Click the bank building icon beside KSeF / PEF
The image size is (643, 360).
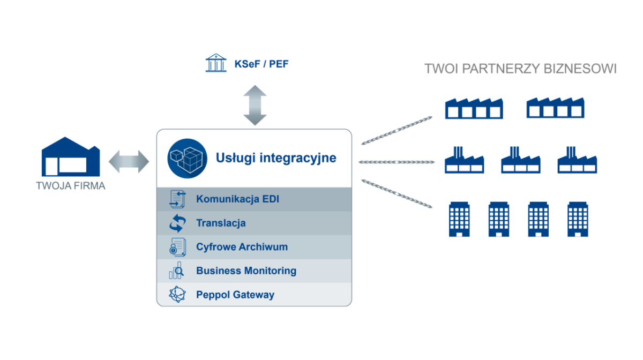216,63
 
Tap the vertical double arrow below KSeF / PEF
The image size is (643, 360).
255,105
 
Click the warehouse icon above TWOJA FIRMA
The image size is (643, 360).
70,156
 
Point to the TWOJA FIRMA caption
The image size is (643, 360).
70,186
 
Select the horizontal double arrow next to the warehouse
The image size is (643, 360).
129,161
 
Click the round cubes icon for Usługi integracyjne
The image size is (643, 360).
187,158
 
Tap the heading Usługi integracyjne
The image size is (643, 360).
276,158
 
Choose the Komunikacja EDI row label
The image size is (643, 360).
237,199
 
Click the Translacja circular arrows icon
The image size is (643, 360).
177,223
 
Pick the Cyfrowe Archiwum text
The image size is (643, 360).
242,247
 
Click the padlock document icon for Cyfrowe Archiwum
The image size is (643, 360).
177,247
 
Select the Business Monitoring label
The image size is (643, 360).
246,271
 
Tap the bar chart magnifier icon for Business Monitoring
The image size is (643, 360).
177,271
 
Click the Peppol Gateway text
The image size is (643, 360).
235,295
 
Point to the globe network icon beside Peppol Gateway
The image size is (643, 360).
177,295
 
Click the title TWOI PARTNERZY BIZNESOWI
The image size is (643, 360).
520,69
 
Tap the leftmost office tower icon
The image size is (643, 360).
459,219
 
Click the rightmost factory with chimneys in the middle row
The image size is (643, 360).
577,160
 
